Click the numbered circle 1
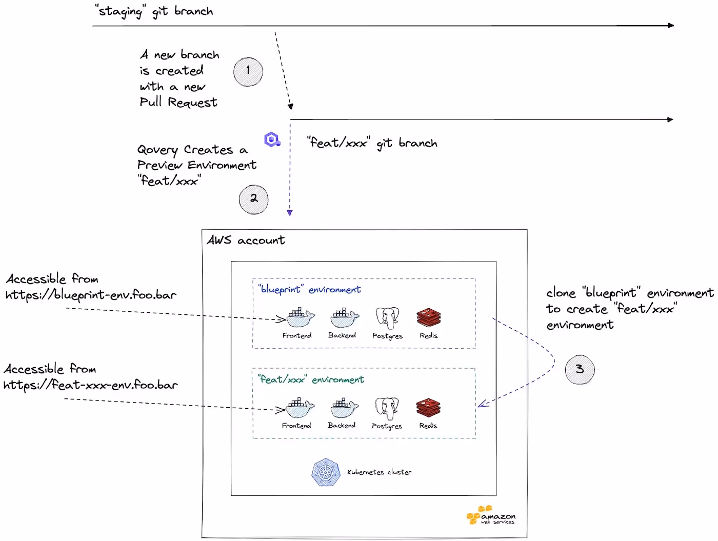[x=248, y=72]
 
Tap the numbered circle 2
[x=253, y=199]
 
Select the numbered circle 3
[x=580, y=370]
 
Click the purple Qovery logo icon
[x=272, y=139]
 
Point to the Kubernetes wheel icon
[x=326, y=472]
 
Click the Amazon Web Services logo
[x=491, y=515]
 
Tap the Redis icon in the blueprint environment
[x=429, y=317]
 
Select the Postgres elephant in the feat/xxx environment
[x=387, y=408]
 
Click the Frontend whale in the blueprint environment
[x=301, y=317]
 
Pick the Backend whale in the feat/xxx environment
[x=344, y=408]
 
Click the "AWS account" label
[x=246, y=240]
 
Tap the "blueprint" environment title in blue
[x=309, y=289]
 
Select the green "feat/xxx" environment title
[x=311, y=379]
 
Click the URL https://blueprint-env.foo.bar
[x=91, y=295]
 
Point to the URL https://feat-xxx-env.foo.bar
[x=91, y=385]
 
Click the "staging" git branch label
[x=154, y=11]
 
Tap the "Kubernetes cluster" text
[x=380, y=472]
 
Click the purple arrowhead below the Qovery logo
[x=289, y=213]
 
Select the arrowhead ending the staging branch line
[x=671, y=26]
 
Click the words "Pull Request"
[x=178, y=102]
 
